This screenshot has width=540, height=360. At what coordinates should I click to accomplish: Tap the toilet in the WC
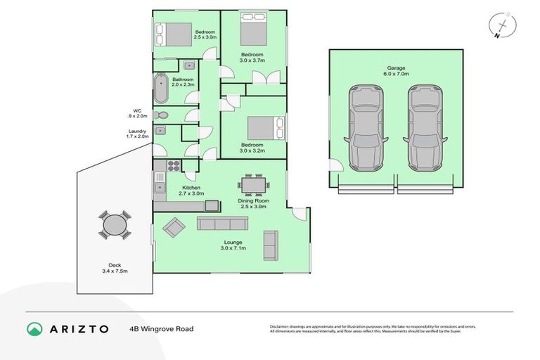coord(162,115)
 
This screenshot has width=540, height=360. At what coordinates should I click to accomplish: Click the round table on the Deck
coord(115,225)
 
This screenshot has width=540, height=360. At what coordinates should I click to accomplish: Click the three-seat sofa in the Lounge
coord(221,224)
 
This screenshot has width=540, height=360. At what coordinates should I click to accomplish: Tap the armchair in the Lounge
coord(174,226)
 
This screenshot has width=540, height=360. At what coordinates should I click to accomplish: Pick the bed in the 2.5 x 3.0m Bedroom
coord(174,34)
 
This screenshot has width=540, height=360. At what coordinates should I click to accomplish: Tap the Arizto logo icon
coord(34,328)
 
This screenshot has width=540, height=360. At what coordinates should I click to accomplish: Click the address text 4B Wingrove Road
coord(161,328)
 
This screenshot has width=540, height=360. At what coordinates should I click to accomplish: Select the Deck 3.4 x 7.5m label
coord(115,267)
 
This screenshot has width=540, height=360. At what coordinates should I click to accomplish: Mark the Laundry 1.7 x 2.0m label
coord(138,134)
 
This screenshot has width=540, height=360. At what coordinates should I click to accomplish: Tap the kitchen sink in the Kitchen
coord(160,188)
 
